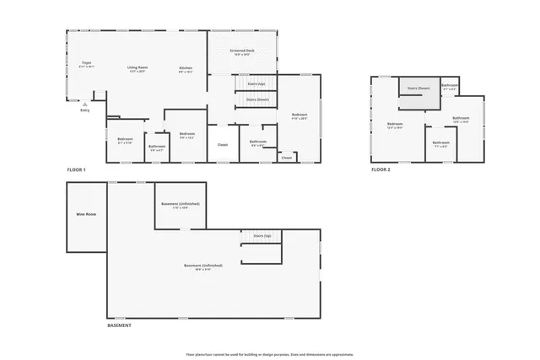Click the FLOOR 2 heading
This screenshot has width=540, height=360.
click(x=381, y=169)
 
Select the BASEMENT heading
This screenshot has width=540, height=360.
click(x=119, y=325)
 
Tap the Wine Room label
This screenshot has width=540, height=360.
click(x=86, y=214)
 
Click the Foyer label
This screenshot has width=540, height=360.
click(x=86, y=62)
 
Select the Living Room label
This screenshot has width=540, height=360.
click(x=138, y=67)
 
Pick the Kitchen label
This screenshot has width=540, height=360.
click(x=186, y=67)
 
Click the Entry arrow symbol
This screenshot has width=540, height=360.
click(x=84, y=104)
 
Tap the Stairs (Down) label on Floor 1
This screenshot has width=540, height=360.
click(x=257, y=99)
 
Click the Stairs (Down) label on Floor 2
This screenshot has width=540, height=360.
click(x=418, y=88)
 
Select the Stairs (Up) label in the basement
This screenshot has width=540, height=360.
click(x=262, y=237)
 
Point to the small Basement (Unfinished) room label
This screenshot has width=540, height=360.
click(x=180, y=204)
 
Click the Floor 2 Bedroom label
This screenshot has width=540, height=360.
click(x=395, y=124)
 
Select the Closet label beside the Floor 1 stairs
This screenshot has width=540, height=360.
click(x=223, y=144)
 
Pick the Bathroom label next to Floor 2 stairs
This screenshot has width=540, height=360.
click(x=450, y=85)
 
